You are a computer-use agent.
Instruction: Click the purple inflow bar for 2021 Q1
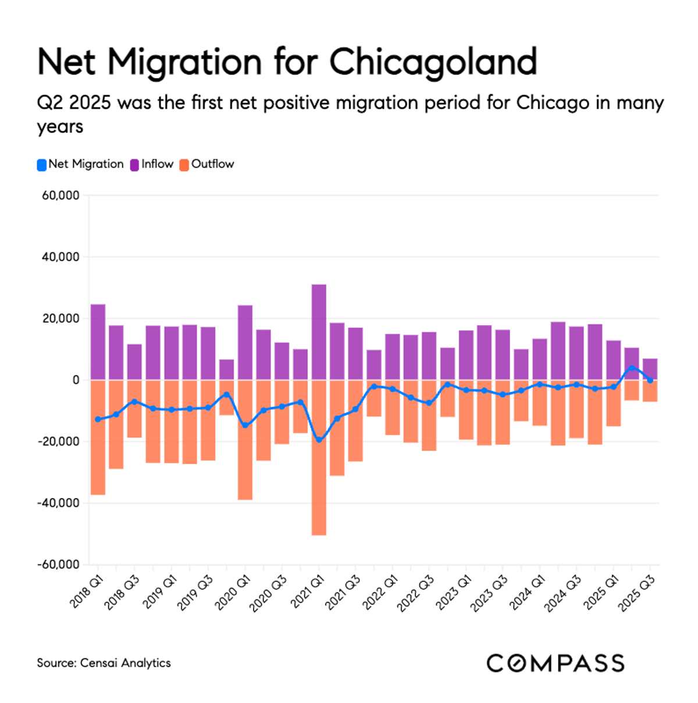(319, 332)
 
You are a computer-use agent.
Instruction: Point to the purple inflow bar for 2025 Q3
(650, 369)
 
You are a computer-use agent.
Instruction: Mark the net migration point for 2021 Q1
(319, 440)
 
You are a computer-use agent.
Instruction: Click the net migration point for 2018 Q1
(98, 419)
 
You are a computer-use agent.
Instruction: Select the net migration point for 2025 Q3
(650, 380)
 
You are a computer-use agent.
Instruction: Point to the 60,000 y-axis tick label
(60, 196)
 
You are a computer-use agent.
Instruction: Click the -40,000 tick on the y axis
(58, 504)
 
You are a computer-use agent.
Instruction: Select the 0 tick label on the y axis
(76, 380)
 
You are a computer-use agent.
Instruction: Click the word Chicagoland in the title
(433, 62)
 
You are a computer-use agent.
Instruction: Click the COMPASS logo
(555, 663)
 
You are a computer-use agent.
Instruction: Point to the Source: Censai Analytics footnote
(104, 663)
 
